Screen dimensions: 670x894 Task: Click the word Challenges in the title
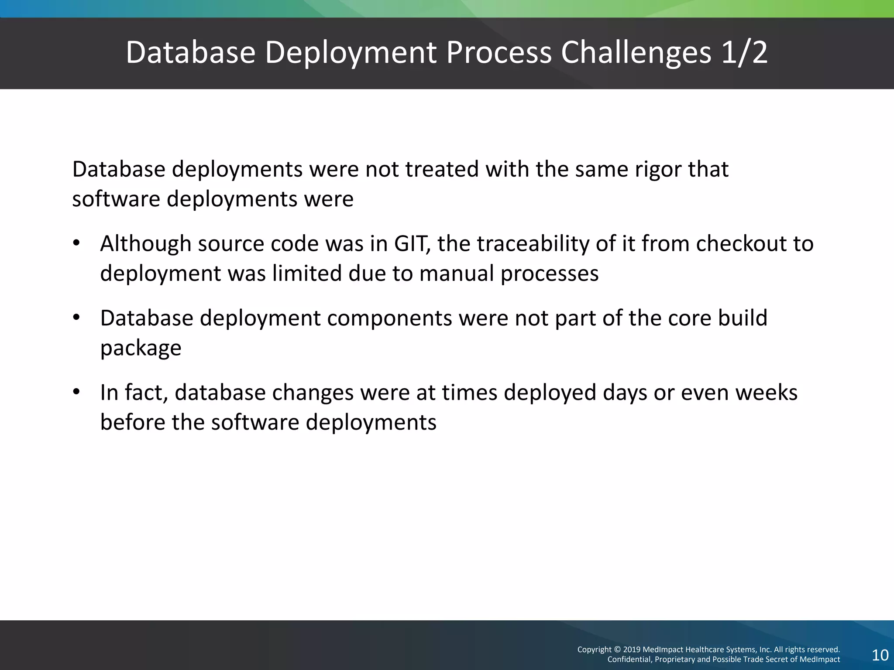636,53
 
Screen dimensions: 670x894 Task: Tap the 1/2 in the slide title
744,53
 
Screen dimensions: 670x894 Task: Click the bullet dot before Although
76,243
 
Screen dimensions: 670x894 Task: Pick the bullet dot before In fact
76,392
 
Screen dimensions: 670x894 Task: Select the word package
141,349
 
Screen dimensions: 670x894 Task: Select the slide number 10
880,655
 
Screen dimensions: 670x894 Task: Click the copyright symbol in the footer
617,649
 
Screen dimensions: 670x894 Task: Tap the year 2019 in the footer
632,649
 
